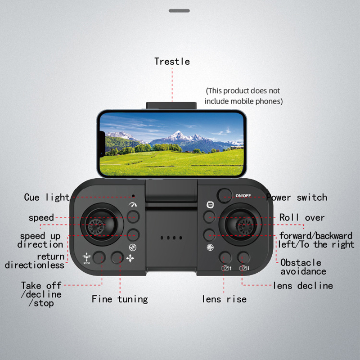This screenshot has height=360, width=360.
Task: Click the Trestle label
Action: tap(172, 62)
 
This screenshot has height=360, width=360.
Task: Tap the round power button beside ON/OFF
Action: tap(224, 195)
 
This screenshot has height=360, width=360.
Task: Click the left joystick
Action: tap(102, 224)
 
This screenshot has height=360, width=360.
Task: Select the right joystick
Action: tap(240, 224)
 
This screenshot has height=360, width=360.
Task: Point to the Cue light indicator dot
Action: tap(133, 196)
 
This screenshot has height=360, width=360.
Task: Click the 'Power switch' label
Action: tap(297, 197)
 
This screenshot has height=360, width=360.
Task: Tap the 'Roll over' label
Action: tap(301, 217)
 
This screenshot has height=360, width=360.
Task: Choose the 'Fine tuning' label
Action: tap(120, 299)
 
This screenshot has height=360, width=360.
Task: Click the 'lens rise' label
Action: tap(224, 299)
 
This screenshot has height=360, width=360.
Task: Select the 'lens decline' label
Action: tap(303, 286)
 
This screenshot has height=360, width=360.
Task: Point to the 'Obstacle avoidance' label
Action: tap(303, 267)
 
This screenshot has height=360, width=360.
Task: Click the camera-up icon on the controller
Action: tap(226, 268)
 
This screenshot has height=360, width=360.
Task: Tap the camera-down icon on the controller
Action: tap(244, 268)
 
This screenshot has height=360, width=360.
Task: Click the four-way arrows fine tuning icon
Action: tap(130, 258)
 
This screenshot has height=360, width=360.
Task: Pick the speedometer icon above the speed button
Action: tap(133, 205)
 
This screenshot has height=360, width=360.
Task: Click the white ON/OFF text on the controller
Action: tap(243, 196)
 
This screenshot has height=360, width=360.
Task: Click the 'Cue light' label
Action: tap(47, 198)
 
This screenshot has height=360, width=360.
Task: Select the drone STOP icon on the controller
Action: tap(86, 258)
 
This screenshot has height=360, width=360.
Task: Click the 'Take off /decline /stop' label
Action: tap(41, 294)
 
